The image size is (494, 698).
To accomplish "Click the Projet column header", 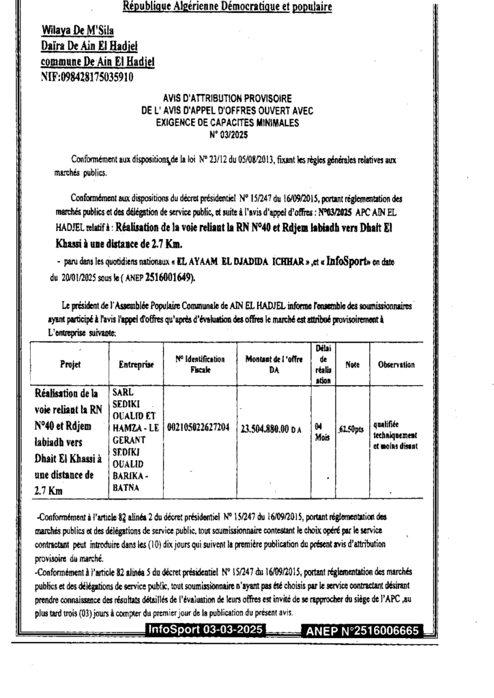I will click(70, 365).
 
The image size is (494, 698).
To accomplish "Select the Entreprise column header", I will click(136, 365).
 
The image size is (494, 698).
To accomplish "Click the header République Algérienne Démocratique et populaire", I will click(227, 7).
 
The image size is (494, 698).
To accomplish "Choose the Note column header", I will click(352, 365).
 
